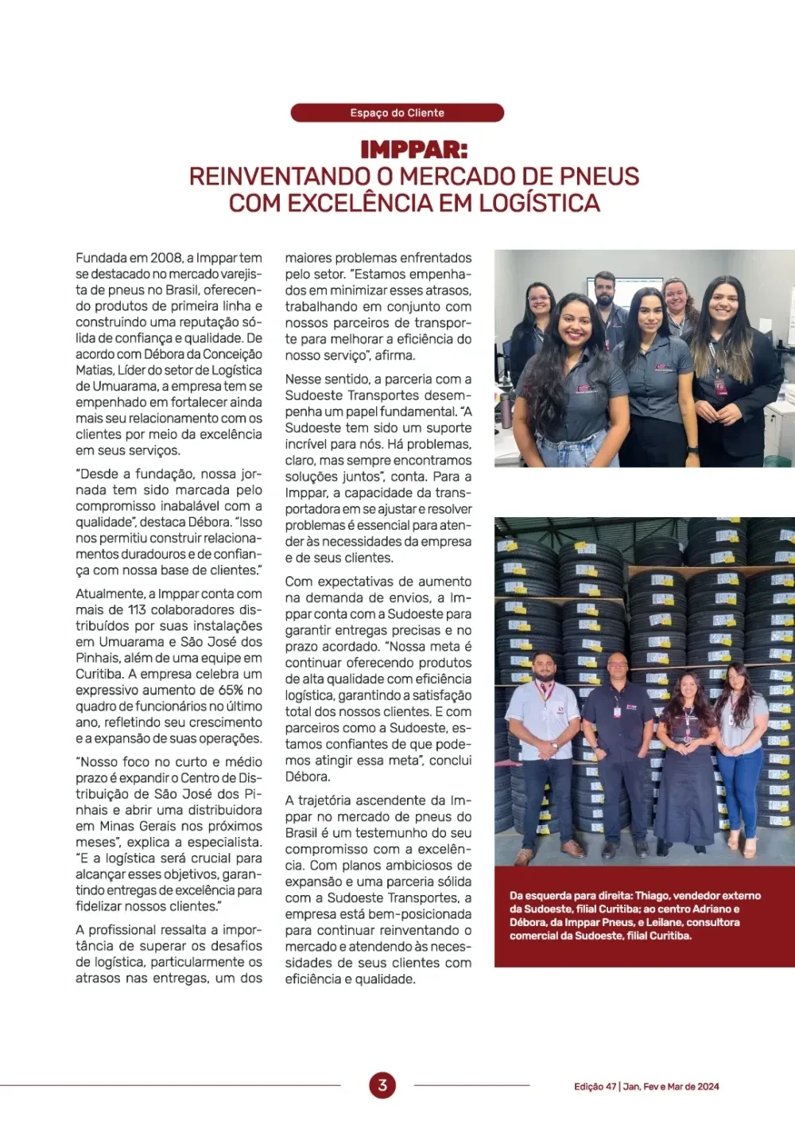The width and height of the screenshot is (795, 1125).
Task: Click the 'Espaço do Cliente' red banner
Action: point(397,113)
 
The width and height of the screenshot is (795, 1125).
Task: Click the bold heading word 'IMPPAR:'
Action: point(413,150)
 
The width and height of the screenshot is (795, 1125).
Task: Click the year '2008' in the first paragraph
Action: point(166,258)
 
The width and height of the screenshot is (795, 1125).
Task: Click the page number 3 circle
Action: point(382,1084)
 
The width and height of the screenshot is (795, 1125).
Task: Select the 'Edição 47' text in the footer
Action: point(595,1087)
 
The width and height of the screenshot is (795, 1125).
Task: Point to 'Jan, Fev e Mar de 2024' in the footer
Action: point(671,1087)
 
